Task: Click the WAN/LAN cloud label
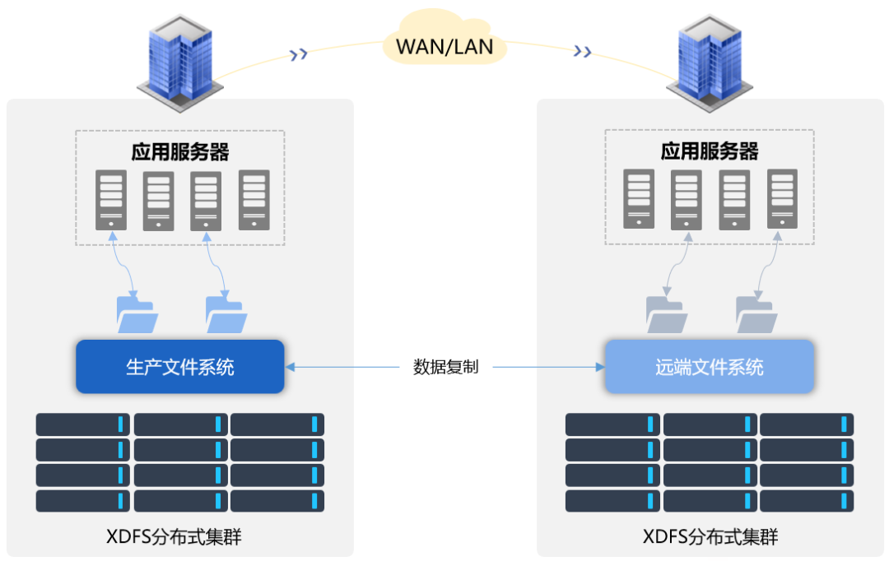tap(444, 46)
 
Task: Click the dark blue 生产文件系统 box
tap(180, 367)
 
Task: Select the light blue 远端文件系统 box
tap(710, 367)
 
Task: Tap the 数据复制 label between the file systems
tap(445, 367)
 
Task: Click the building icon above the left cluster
tap(180, 62)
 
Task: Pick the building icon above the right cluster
tap(710, 62)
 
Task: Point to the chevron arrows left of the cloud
tap(299, 54)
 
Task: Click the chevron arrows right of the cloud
tap(582, 52)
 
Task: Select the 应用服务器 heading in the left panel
tap(180, 152)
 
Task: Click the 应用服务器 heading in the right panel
tap(710, 151)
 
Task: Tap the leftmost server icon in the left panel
tap(111, 200)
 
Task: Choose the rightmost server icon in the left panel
tap(254, 200)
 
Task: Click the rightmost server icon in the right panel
tap(783, 199)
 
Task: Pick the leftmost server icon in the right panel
tap(639, 199)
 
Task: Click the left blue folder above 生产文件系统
tap(137, 314)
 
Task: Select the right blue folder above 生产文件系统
tap(226, 314)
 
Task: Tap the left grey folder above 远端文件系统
tap(667, 314)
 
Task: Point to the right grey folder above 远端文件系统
tap(756, 314)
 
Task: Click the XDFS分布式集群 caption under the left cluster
tap(174, 536)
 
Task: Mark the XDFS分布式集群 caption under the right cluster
tap(710, 536)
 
